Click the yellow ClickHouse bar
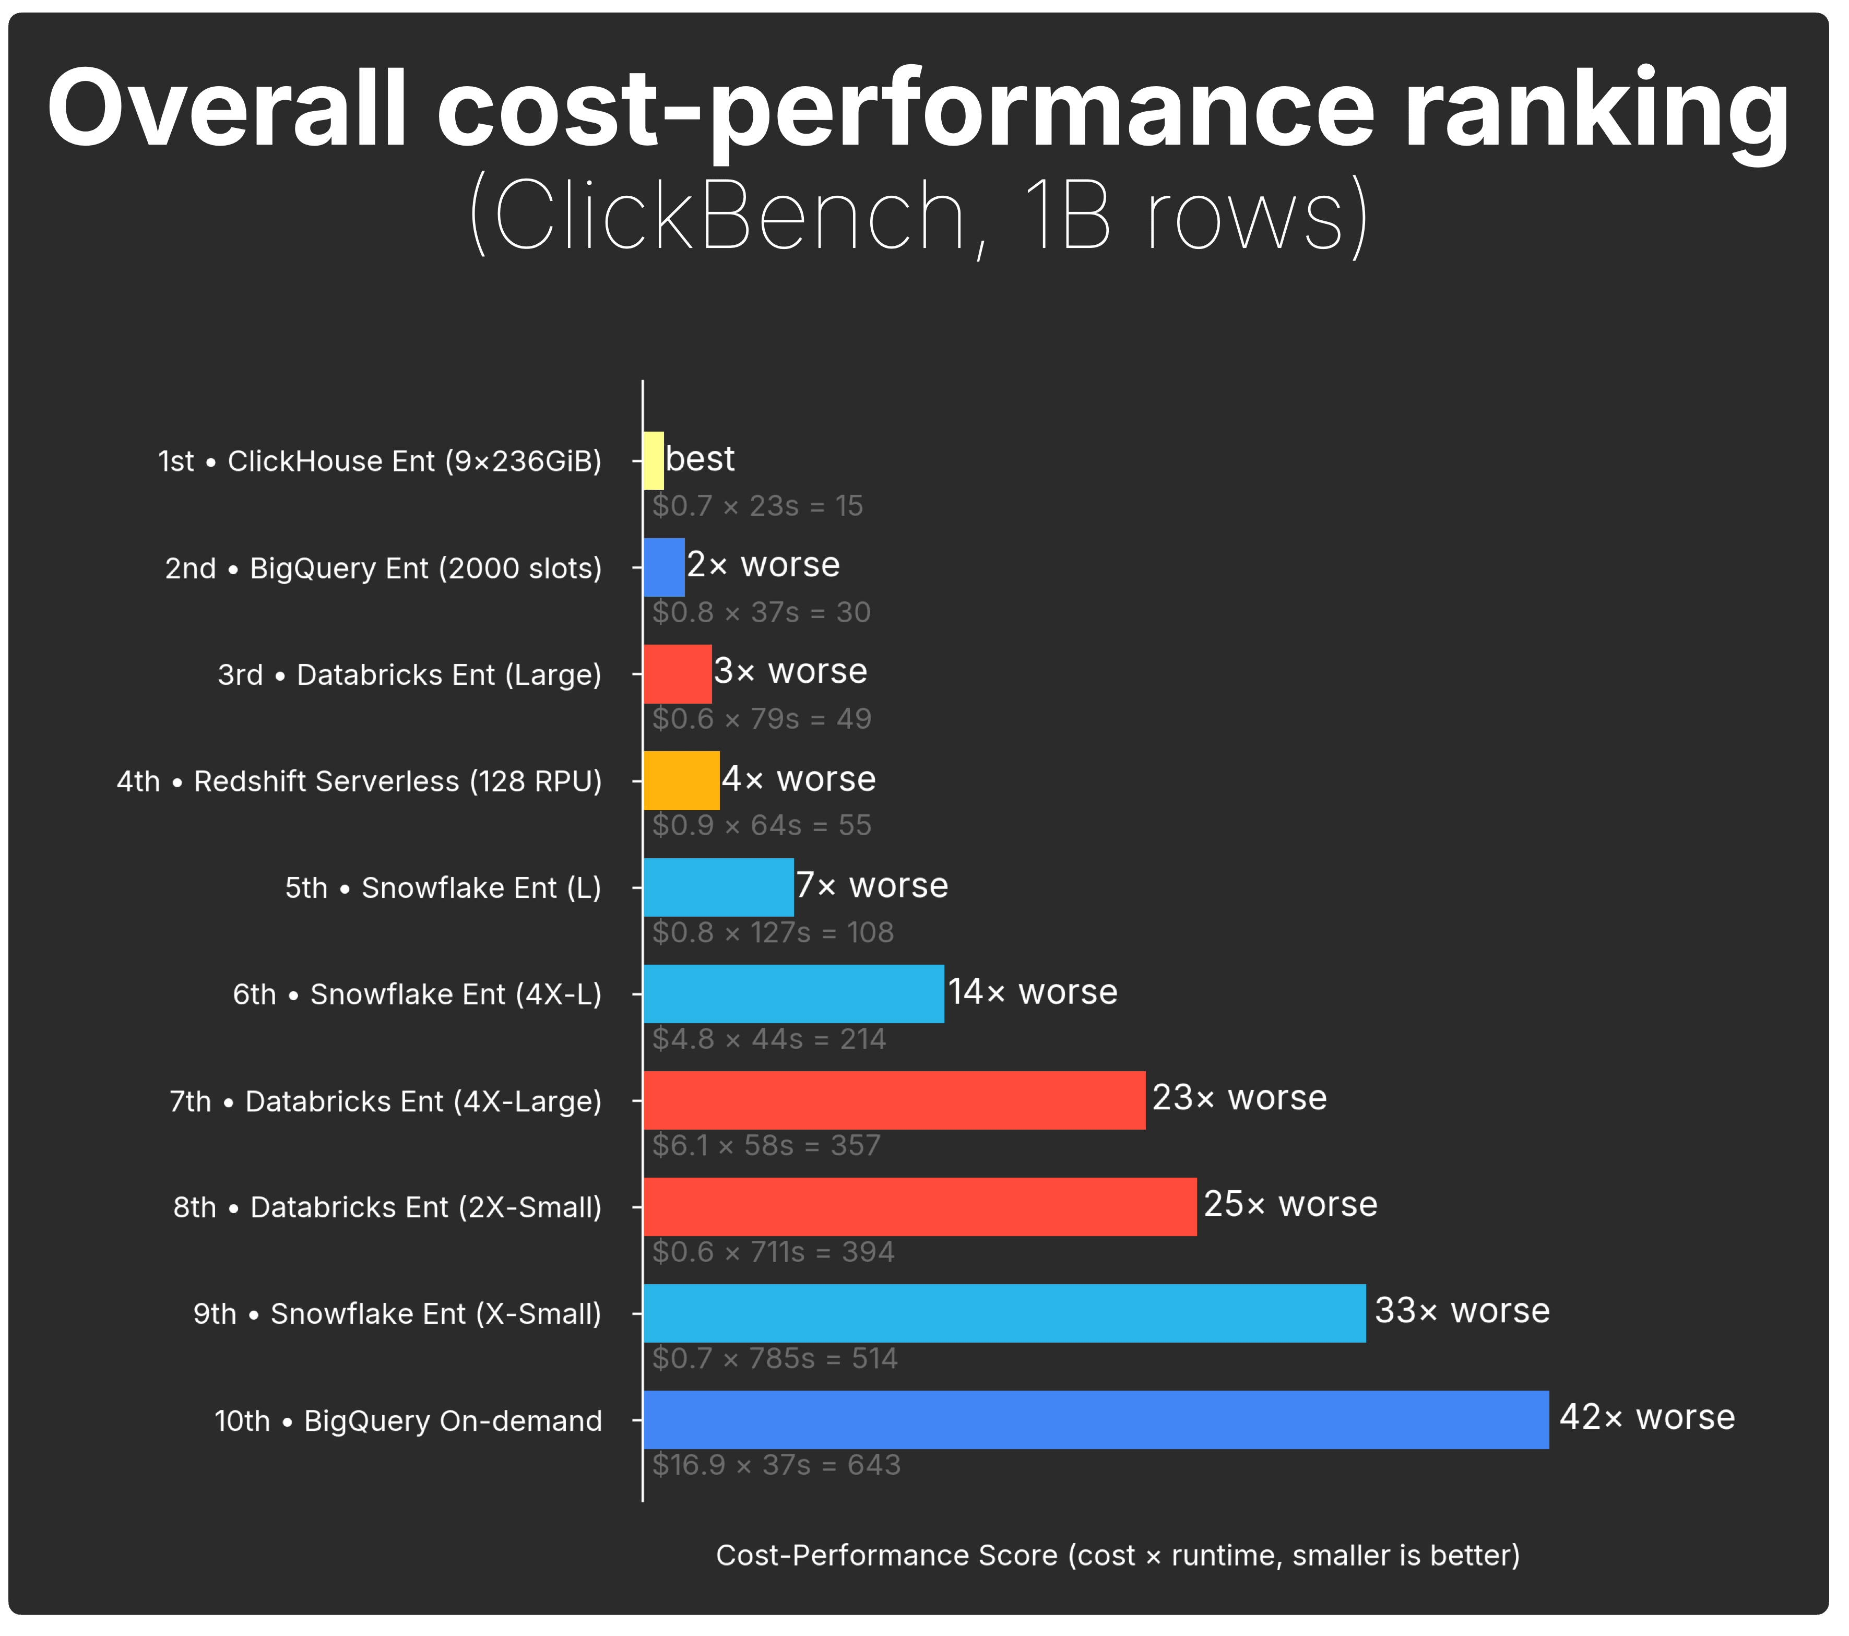click(x=653, y=460)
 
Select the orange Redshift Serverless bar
click(x=681, y=780)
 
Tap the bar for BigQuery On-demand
click(x=1096, y=1420)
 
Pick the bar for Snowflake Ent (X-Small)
click(x=1004, y=1313)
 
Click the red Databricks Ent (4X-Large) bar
click(x=894, y=1100)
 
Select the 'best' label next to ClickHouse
click(x=700, y=458)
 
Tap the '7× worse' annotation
click(x=872, y=885)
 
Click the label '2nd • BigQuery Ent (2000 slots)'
click(x=383, y=568)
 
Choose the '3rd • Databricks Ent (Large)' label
click(x=409, y=674)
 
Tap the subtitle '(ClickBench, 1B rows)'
click(x=919, y=215)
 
